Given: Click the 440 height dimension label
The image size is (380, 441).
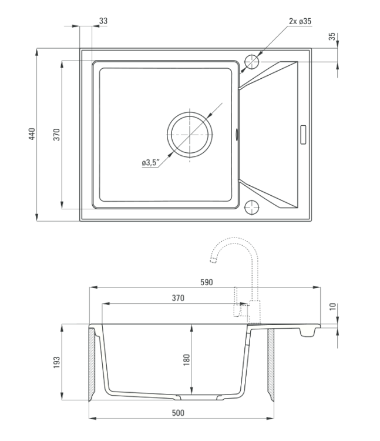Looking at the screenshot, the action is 32,134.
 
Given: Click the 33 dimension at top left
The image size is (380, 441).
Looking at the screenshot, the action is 103,21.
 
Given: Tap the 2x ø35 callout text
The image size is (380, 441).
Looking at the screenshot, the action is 300,21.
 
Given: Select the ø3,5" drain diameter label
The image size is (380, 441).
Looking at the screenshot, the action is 150,162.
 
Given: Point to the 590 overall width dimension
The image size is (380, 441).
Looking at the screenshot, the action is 207,282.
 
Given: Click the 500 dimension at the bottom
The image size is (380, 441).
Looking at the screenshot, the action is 178,413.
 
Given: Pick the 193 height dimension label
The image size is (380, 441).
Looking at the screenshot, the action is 57,362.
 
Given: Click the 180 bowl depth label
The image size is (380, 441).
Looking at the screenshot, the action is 187,360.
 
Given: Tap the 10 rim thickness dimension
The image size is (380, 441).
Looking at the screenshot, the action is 332,306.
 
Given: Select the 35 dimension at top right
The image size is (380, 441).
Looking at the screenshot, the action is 332,36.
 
